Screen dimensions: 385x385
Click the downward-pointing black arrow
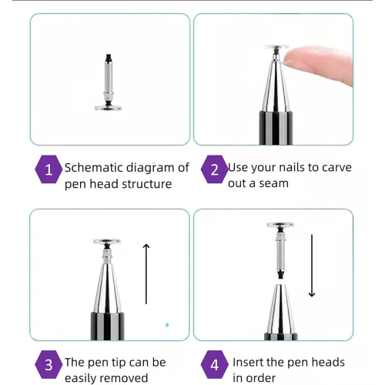pyautogui.click(x=312, y=266)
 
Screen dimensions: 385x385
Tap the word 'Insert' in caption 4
pyautogui.click(x=249, y=362)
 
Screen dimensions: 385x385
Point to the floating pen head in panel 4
pyautogui.click(x=280, y=246)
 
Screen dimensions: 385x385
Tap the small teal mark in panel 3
pyautogui.click(x=166, y=325)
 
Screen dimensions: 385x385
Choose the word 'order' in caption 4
pyautogui.click(x=261, y=378)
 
